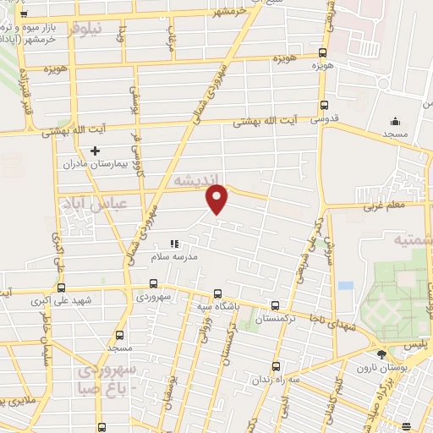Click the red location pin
(218, 200)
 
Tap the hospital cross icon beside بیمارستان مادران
(95, 151)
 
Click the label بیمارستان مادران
(94, 164)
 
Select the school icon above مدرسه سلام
(175, 244)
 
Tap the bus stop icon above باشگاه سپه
(218, 286)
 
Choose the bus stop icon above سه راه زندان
(277, 366)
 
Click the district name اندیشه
(193, 180)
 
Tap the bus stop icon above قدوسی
(324, 106)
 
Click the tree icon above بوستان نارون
(381, 354)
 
